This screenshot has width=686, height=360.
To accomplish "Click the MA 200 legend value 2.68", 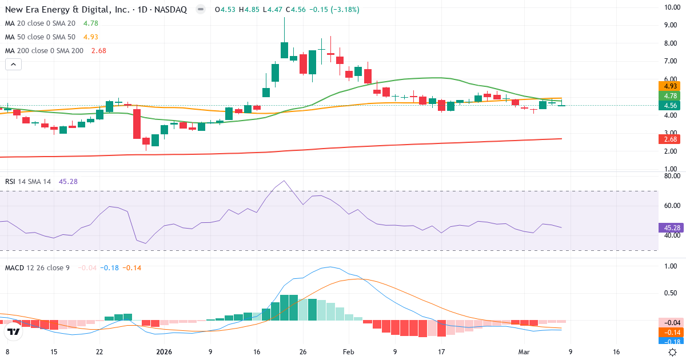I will coord(98,50).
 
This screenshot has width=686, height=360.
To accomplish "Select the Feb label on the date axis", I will coord(348,352).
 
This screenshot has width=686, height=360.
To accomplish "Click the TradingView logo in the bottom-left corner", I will coord(14,331).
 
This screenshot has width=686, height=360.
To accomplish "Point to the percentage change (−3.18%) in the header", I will coord(342,10).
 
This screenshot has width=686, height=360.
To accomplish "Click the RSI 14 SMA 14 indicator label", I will coord(28,182).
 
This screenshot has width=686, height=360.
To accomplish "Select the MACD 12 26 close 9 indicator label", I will coord(37,267).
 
